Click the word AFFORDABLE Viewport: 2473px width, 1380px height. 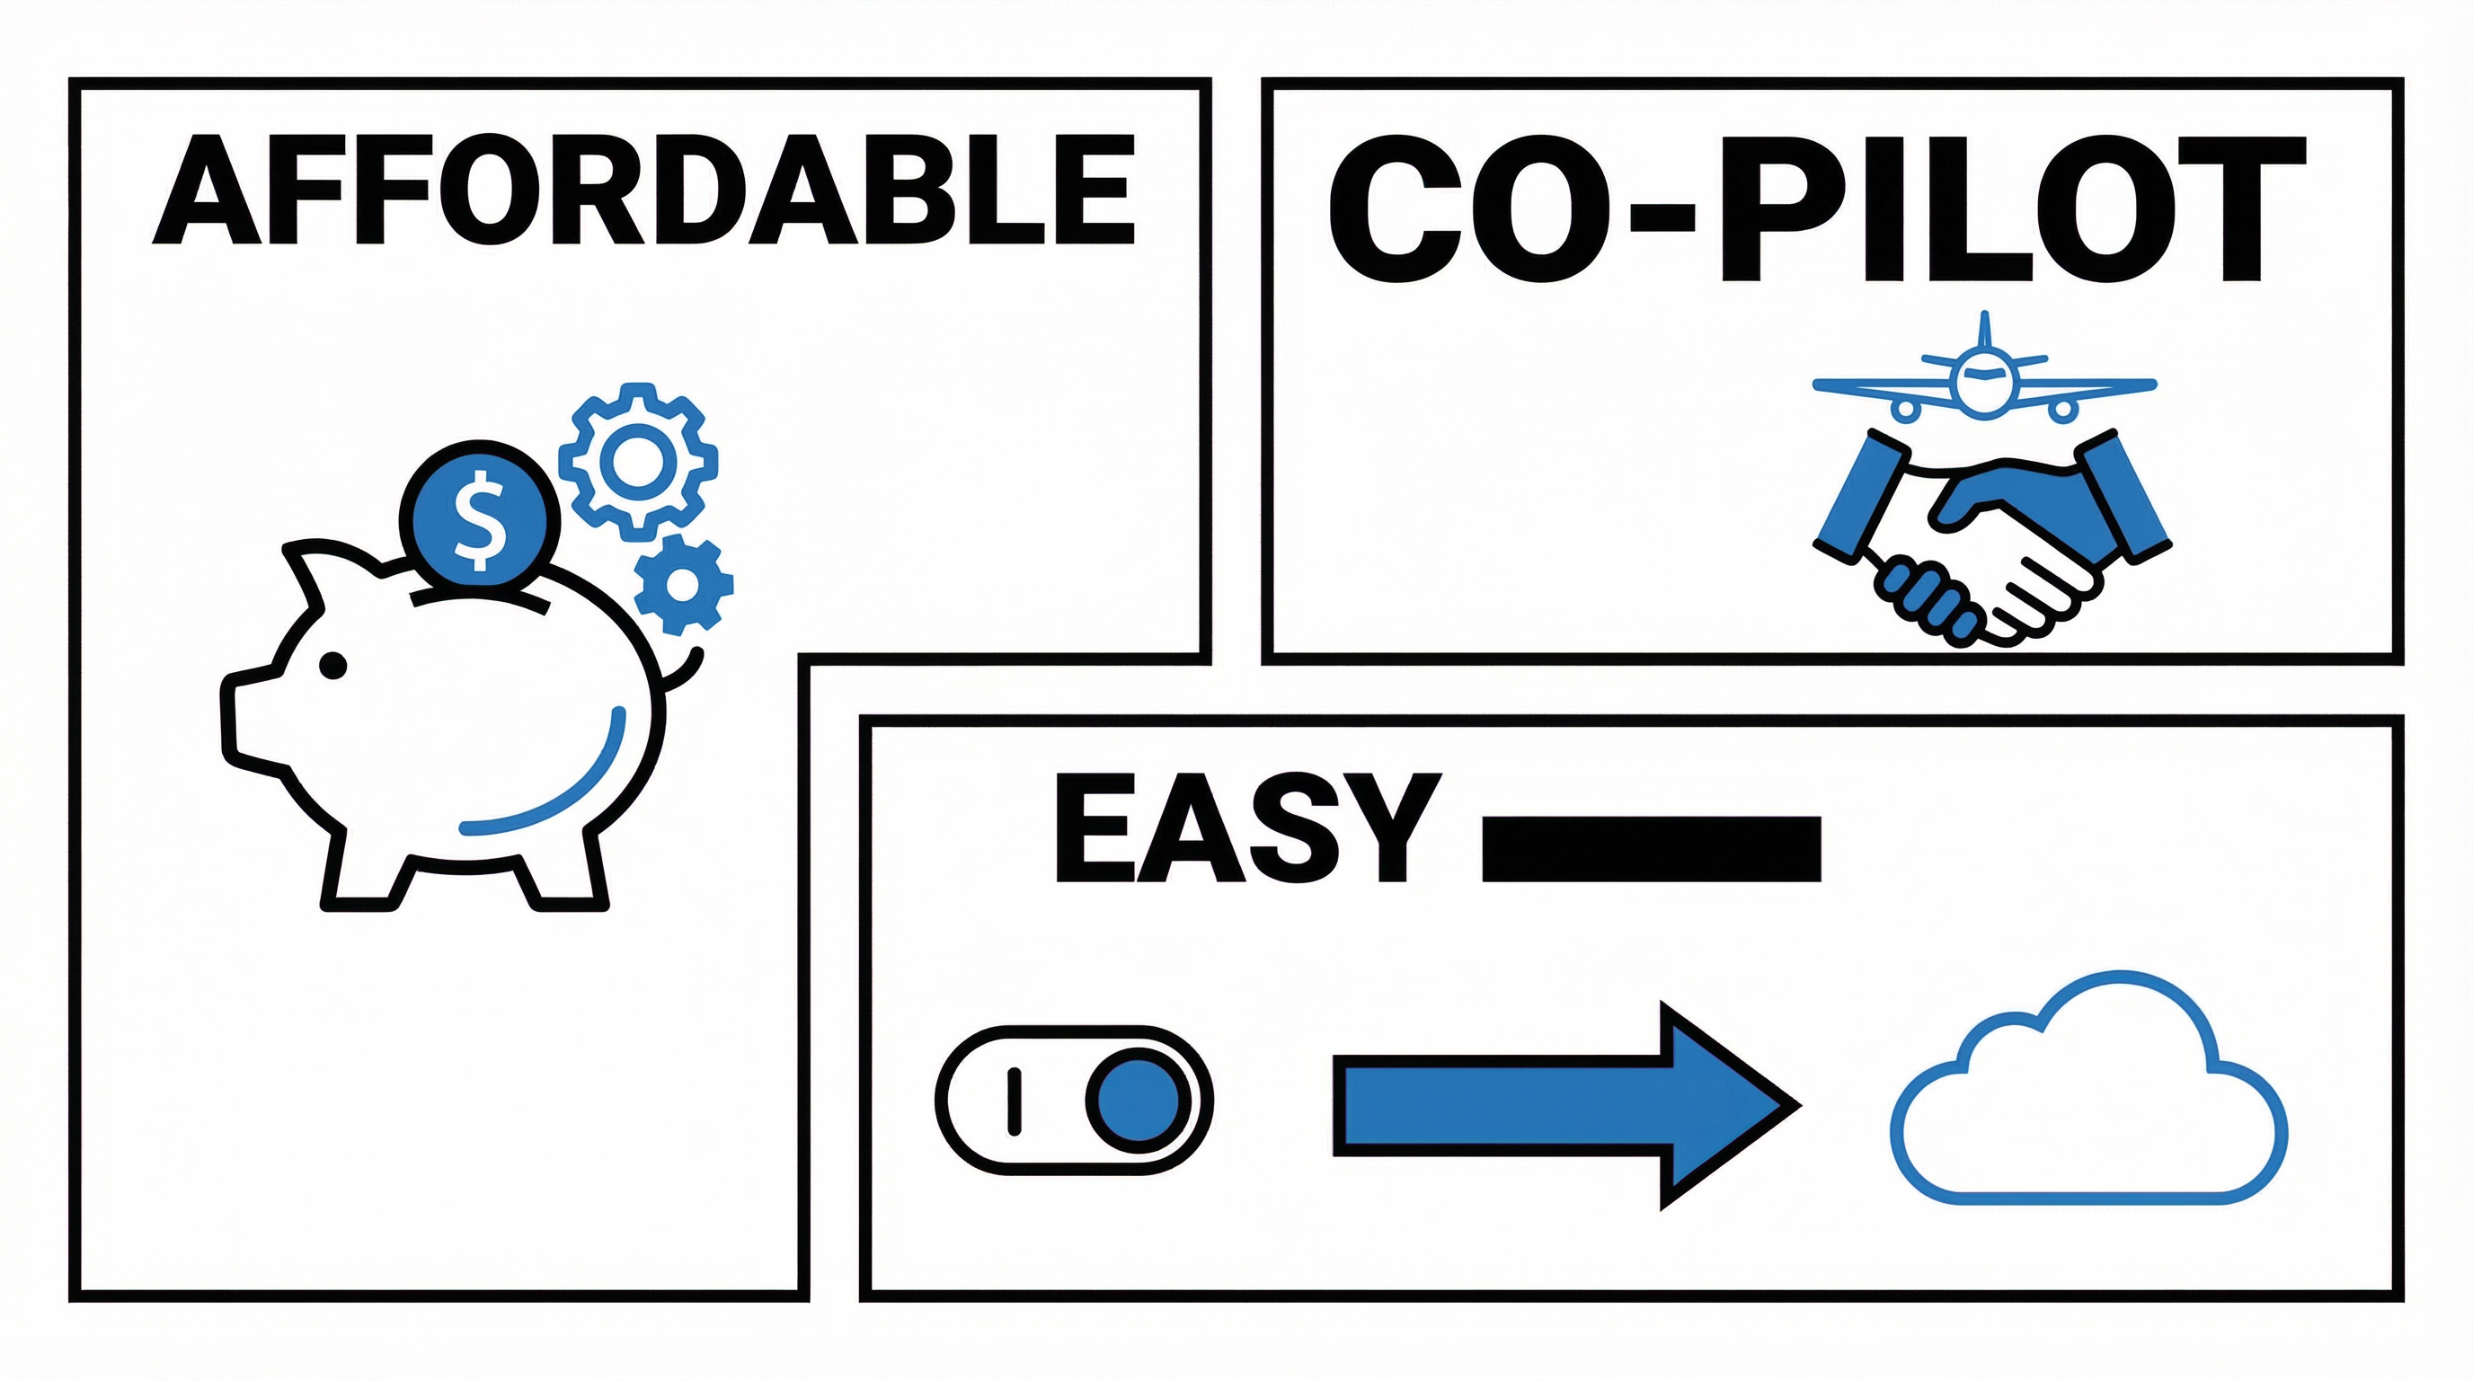[643, 189]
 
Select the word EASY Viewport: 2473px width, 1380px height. [1247, 827]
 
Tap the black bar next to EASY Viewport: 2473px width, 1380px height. [1652, 848]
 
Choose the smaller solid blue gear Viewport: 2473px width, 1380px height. [683, 583]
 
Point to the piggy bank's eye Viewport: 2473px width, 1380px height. [332, 664]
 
